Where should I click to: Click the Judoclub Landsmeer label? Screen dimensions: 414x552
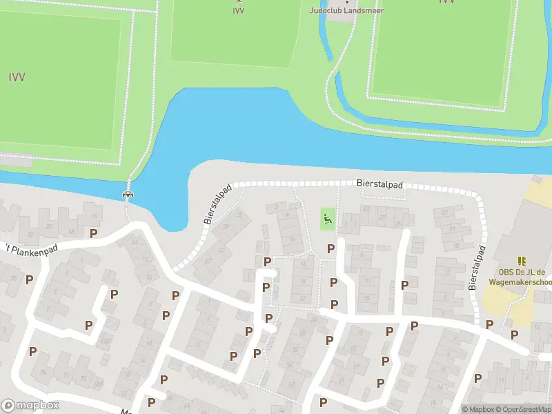[346, 10]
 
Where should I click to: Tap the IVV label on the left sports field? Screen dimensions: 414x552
[17, 77]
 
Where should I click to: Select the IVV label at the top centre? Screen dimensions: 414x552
[238, 10]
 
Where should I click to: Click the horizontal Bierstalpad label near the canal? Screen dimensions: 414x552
[379, 185]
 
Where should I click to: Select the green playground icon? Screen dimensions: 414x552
[327, 220]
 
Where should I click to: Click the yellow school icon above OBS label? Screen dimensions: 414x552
[522, 261]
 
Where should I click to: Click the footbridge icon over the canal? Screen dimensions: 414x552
[128, 194]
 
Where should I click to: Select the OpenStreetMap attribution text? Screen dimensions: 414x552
[525, 409]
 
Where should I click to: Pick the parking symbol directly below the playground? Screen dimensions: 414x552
[331, 248]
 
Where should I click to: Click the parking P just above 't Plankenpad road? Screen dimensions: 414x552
[93, 233]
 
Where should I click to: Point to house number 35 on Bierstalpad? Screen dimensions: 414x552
[240, 215]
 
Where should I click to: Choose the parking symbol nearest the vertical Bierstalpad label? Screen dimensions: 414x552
[490, 324]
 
